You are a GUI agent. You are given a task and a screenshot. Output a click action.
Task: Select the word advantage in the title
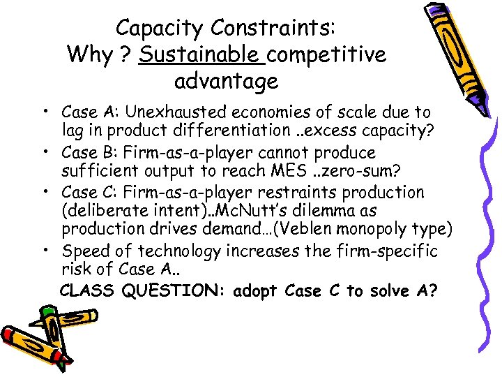(226, 81)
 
